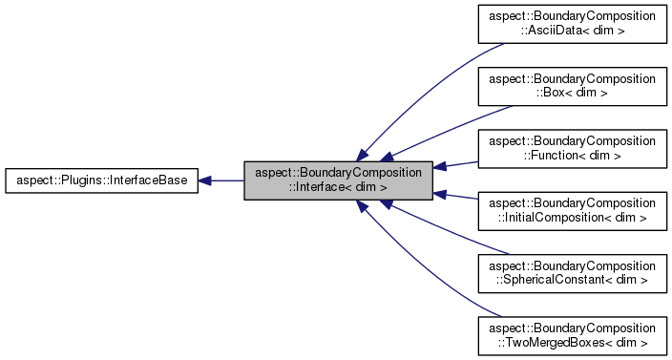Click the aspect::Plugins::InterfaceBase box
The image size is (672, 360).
102,180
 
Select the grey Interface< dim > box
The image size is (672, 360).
339,180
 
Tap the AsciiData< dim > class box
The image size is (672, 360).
572,25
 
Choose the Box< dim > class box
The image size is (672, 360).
572,87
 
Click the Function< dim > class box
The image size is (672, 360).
572,148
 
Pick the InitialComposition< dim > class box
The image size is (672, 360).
572,210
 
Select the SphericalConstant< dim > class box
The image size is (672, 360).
572,272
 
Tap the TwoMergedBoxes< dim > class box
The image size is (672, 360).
572,334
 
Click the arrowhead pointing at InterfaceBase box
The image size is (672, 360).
206,180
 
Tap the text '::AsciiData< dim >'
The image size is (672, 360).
572,32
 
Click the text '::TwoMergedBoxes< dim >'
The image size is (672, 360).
572,341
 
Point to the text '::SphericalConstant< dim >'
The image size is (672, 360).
572,279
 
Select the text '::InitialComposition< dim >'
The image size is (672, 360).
572,217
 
